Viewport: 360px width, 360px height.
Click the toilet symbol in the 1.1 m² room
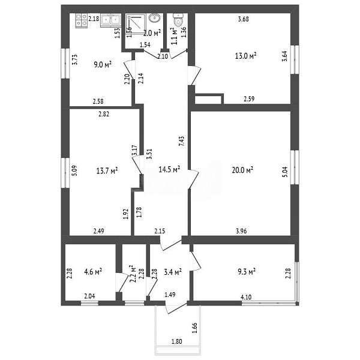coord(178,20)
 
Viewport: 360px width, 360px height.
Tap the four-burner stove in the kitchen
coord(82,20)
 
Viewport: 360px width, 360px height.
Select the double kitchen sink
coord(110,20)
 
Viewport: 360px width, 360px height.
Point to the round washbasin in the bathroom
coord(155,18)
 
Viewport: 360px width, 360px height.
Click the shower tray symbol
coord(136,24)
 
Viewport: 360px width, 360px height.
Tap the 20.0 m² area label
coord(242,170)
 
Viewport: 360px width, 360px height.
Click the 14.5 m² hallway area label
coord(169,169)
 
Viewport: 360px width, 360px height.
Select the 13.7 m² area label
coord(107,170)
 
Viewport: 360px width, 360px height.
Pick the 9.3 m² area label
coord(247,272)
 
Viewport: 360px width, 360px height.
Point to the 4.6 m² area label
coord(93,272)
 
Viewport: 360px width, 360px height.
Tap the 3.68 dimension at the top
coord(244,19)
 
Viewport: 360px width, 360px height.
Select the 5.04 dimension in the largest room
coord(284,173)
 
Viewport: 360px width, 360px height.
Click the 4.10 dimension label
coord(246,297)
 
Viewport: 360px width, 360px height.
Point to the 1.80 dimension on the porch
coord(177,341)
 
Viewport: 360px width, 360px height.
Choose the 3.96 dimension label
coord(242,231)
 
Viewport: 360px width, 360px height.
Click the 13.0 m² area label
coord(245,56)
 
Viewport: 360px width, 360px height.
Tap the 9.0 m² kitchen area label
coord(103,65)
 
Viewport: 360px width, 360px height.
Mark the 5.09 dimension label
coord(74,171)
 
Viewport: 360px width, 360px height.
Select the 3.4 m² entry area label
coord(173,272)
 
